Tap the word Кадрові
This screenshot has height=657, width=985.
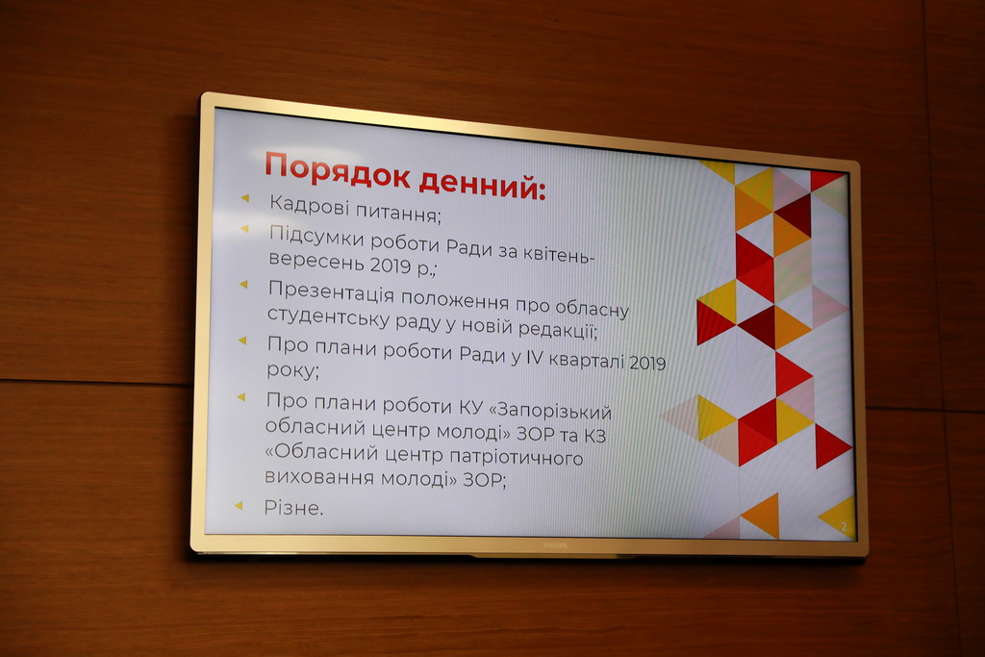[x=309, y=205]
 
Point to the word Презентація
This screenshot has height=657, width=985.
[x=331, y=292]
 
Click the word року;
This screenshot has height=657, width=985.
[x=292, y=370]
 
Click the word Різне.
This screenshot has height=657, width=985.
[x=293, y=507]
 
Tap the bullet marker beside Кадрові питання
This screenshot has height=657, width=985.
[x=245, y=198]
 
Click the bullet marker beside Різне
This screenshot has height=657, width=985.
[x=239, y=505]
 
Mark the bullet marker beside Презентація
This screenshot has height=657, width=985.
[x=243, y=285]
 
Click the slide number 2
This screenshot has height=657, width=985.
[x=844, y=527]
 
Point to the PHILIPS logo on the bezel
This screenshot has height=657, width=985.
[x=555, y=545]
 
